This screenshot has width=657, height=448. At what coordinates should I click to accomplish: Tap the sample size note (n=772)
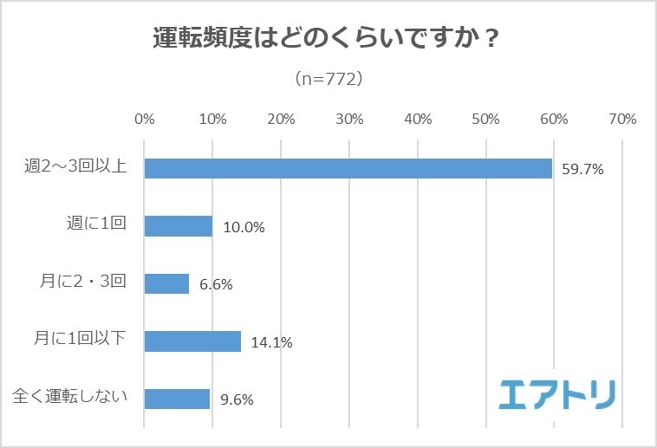[x=328, y=79]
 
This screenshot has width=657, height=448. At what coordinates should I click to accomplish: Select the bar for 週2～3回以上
[x=348, y=168]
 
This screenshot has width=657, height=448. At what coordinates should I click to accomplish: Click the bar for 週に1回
[x=178, y=226]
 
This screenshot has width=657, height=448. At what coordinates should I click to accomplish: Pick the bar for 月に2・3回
[x=166, y=283]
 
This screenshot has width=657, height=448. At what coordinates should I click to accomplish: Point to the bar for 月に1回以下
[x=192, y=341]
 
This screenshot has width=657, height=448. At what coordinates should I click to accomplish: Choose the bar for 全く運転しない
[x=177, y=399]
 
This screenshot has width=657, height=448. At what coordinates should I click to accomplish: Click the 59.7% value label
[x=582, y=170]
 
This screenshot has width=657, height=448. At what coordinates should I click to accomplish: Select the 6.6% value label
[x=216, y=284]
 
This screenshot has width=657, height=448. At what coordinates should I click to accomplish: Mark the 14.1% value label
[x=270, y=342]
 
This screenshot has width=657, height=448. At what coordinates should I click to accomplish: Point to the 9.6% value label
[x=236, y=399]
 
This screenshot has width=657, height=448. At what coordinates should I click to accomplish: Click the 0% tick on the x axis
[x=144, y=119]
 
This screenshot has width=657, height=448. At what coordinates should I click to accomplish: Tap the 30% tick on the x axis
[x=349, y=119]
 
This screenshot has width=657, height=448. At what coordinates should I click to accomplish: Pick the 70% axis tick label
[x=622, y=119]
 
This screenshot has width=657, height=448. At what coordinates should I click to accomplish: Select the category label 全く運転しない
[x=71, y=398]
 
